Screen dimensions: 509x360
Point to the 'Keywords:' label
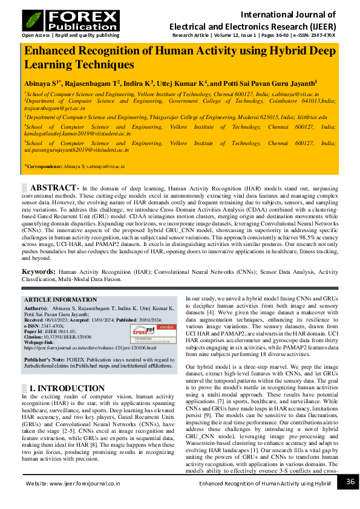click(x=39, y=272)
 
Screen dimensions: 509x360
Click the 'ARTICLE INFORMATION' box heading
click(x=60, y=300)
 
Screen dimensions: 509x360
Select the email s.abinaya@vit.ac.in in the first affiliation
click(x=302, y=95)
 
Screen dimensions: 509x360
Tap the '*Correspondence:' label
click(x=44, y=166)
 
